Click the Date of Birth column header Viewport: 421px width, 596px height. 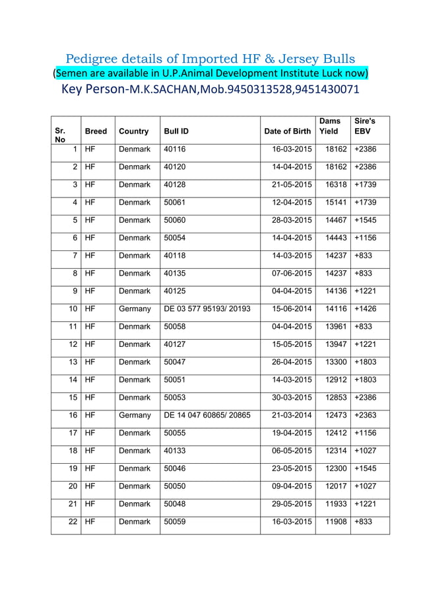tap(287, 131)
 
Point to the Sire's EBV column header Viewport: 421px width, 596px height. tap(365, 126)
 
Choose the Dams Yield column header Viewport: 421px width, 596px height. tap(329, 126)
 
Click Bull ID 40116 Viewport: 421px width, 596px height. tap(175, 149)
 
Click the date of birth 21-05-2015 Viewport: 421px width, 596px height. tap(292, 185)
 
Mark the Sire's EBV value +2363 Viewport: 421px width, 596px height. tap(366, 415)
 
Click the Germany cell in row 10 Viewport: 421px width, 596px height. tap(135, 309)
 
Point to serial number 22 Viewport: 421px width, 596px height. tap(73, 521)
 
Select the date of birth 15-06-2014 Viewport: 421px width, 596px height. tap(292, 309)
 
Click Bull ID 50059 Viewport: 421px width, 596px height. tap(175, 521)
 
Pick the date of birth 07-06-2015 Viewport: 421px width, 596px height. tap(292, 273)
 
